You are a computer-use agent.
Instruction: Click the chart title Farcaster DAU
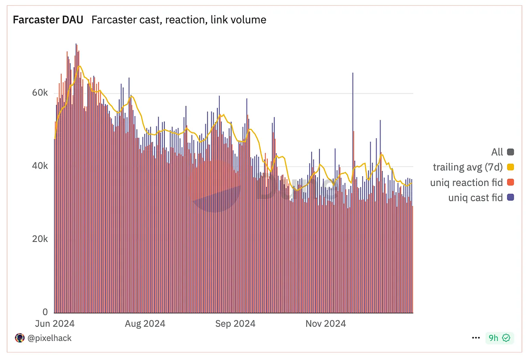(x=48, y=20)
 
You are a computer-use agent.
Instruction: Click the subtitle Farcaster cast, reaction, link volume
(x=179, y=20)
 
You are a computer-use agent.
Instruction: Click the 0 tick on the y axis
(x=45, y=312)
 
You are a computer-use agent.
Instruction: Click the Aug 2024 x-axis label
(x=145, y=324)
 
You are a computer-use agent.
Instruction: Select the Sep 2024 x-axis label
(x=235, y=324)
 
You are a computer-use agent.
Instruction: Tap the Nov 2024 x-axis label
(x=326, y=324)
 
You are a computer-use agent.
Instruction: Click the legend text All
(x=497, y=151)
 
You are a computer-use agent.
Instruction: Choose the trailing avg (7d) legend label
(x=467, y=167)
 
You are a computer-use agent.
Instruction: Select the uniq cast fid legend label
(x=475, y=198)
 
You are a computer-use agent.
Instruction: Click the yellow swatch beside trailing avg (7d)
(x=511, y=167)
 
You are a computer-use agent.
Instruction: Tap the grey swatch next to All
(x=511, y=151)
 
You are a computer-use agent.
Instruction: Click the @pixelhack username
(x=49, y=338)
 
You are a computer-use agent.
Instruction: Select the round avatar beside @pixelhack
(x=20, y=338)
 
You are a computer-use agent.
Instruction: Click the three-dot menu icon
(x=476, y=338)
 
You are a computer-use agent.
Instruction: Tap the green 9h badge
(x=499, y=338)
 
